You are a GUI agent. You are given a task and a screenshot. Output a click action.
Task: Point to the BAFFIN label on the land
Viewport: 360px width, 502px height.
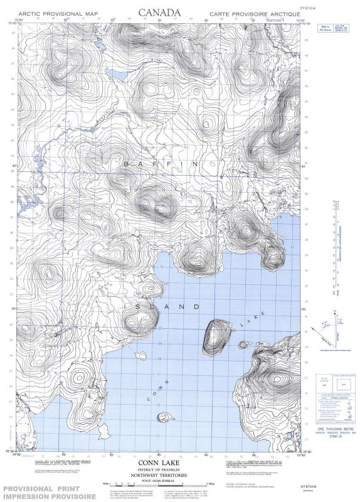(161, 164)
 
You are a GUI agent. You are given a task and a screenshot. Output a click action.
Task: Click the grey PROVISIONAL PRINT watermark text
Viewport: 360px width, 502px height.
(50, 488)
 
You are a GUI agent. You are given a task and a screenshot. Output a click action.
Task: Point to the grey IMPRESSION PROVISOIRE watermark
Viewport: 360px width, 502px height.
(50, 496)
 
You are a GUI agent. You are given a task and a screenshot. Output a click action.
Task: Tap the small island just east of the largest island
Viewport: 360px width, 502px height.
(242, 344)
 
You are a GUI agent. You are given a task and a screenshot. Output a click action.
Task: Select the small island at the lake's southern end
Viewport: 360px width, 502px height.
(166, 417)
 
